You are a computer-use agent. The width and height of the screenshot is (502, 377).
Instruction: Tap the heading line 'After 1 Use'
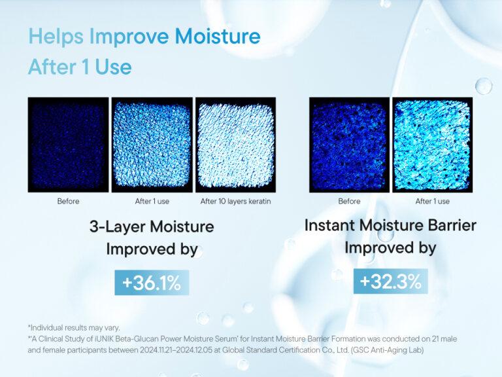point(79,67)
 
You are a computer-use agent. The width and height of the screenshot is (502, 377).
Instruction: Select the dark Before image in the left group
point(68,145)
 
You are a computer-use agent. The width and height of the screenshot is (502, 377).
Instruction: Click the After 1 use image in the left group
point(152,145)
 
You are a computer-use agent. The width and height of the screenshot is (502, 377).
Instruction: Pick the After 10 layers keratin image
point(235,145)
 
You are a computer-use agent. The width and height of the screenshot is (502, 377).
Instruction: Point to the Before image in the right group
point(349,145)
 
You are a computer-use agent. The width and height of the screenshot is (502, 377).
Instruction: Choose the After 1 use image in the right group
point(432,145)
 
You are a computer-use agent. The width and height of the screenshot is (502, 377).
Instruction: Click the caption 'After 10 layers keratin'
point(235,201)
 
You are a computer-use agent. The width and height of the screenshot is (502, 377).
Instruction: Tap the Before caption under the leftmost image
point(68,201)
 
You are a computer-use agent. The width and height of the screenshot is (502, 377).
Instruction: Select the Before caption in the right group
point(349,201)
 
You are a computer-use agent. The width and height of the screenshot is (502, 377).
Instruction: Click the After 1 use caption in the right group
point(432,201)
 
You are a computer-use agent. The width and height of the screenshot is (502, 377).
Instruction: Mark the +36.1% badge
point(152,283)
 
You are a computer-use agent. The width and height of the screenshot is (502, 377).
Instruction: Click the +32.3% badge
point(390,281)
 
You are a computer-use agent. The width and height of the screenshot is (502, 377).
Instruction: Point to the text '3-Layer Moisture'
point(152,227)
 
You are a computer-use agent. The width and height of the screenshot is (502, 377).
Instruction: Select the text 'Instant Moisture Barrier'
point(390,226)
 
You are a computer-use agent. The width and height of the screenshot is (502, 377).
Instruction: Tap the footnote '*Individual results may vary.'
point(74,327)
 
